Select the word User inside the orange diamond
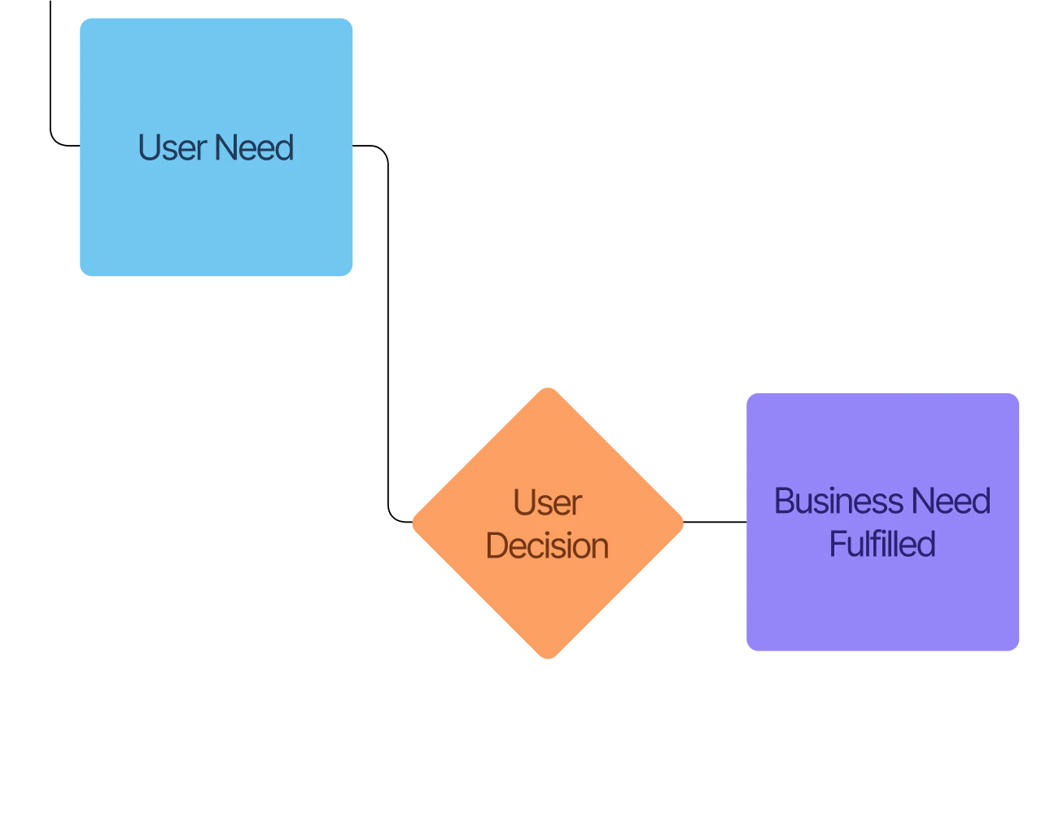(547, 503)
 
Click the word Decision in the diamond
(547, 545)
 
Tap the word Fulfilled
(882, 544)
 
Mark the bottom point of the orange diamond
(548, 658)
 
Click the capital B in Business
(784, 501)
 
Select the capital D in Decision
(497, 545)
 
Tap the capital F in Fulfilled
(836, 544)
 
